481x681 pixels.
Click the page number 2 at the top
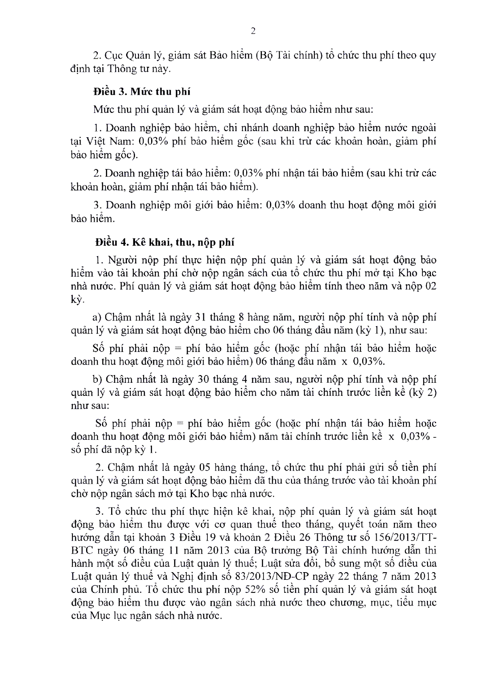(253, 32)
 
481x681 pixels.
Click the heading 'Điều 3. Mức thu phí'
(141, 92)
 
